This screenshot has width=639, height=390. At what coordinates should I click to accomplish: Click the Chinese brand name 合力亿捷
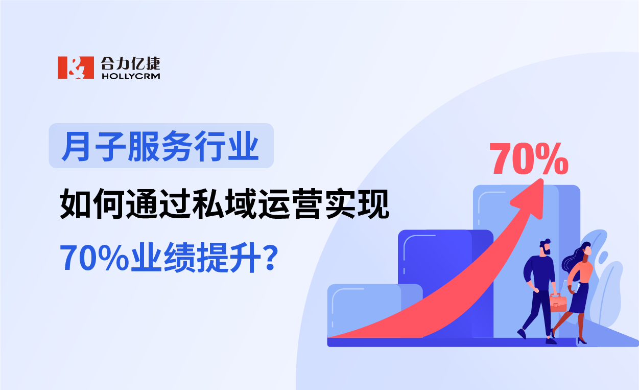[131, 63]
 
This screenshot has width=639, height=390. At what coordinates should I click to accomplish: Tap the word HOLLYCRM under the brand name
[131, 76]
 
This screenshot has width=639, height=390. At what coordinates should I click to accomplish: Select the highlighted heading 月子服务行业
[161, 146]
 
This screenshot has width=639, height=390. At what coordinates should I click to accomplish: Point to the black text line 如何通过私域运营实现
[225, 203]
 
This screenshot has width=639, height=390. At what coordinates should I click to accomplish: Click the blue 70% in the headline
[94, 258]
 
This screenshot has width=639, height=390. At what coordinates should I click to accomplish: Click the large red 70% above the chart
[529, 158]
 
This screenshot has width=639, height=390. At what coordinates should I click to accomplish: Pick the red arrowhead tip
[541, 183]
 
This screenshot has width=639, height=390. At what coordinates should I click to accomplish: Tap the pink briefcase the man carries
[559, 303]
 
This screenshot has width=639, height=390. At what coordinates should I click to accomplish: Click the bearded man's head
[545, 247]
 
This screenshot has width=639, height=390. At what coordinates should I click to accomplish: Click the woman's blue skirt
[579, 300]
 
